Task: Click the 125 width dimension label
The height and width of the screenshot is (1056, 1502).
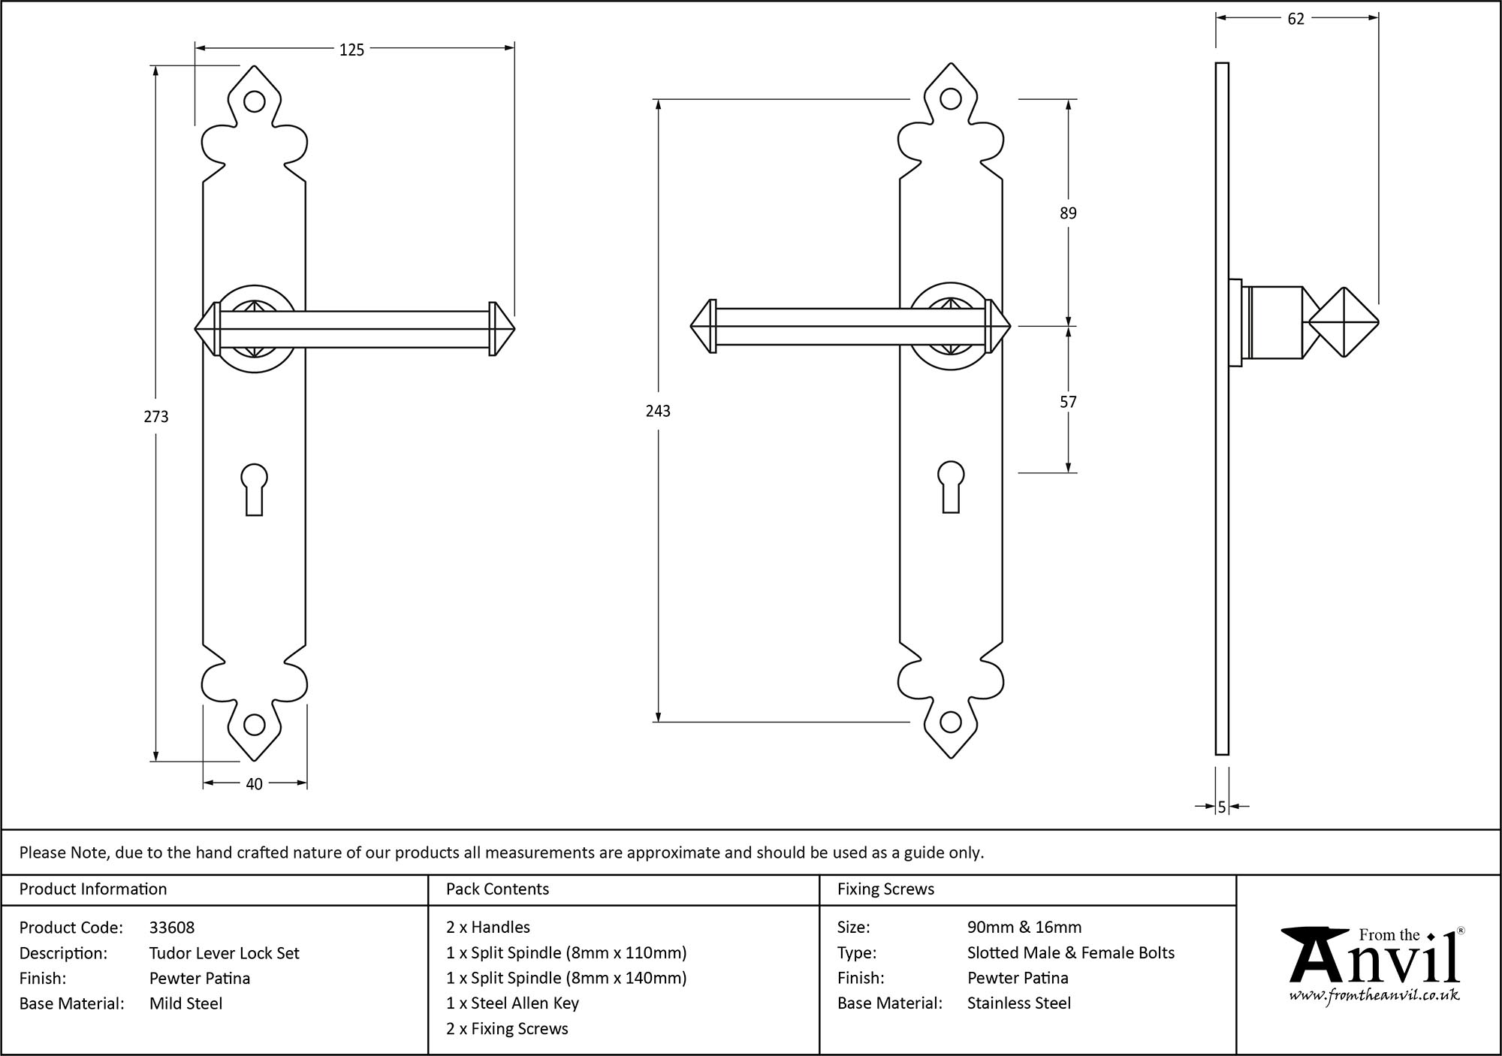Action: tap(351, 50)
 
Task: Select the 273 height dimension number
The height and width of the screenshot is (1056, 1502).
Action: tap(156, 416)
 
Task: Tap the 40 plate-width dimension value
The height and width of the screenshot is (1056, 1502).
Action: tap(254, 784)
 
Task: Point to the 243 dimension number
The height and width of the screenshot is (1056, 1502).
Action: tap(658, 411)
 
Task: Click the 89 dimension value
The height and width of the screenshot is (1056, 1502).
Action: tap(1068, 213)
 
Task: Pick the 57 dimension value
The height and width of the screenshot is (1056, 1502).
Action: tap(1068, 402)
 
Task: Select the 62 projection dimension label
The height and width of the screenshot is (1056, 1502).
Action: tap(1295, 20)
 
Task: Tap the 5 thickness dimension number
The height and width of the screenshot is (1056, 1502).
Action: tap(1222, 807)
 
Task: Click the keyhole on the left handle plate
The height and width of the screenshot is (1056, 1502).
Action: tap(255, 488)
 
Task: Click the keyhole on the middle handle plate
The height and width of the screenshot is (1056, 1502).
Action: tap(951, 484)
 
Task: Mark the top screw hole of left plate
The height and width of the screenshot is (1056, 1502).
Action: tap(255, 101)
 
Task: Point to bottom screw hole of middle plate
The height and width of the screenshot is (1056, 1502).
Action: tap(951, 723)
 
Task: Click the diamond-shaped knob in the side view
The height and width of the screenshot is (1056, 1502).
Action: tap(1344, 323)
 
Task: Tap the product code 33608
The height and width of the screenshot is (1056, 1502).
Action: tap(172, 928)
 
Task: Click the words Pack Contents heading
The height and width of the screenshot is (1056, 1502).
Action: tap(497, 889)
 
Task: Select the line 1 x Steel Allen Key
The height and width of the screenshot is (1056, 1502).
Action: tap(512, 1003)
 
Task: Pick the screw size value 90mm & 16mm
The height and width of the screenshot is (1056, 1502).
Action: tap(1024, 928)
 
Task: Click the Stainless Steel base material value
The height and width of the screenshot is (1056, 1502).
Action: tap(1019, 1003)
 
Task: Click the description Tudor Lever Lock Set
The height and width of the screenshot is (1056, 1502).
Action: tap(224, 953)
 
